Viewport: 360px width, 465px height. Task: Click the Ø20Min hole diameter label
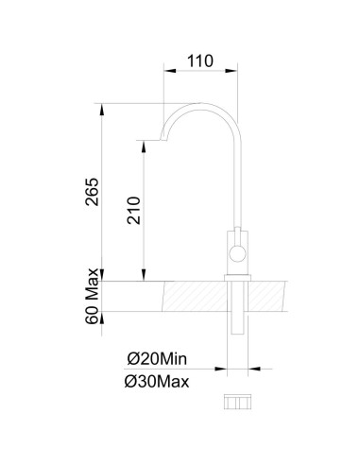click(158, 358)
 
